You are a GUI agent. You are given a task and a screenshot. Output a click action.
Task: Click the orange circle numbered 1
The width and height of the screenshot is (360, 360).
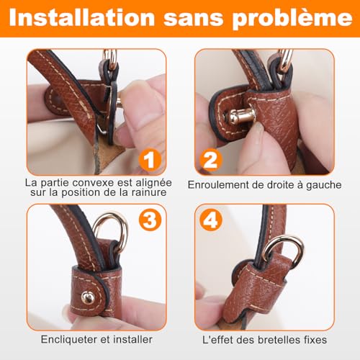(147, 159)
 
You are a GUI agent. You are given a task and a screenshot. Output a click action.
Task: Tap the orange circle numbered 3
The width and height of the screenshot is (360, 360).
(148, 220)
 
